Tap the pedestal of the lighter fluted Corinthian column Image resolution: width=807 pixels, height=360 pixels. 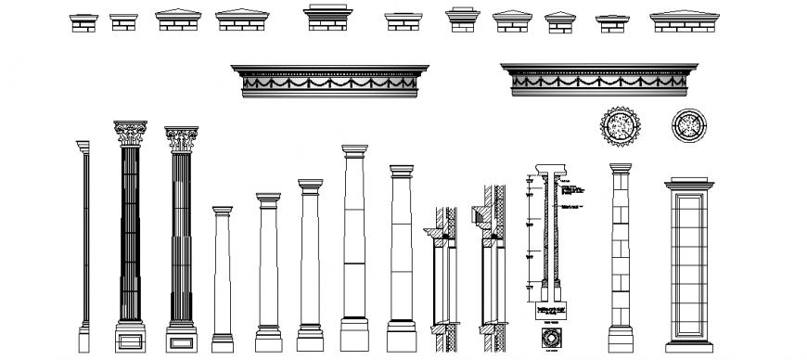pyautogui.click(x=181, y=338)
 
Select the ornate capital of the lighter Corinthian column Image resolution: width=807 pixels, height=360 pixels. pyautogui.click(x=182, y=139)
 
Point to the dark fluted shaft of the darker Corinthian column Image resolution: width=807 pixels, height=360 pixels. pyautogui.click(x=130, y=232)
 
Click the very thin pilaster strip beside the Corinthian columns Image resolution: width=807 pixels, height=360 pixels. pyautogui.click(x=83, y=241)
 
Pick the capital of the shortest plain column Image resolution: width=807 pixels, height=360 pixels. pyautogui.click(x=222, y=211)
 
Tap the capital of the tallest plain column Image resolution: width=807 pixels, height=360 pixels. pyautogui.click(x=355, y=150)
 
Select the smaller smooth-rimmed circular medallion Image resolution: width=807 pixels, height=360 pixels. pyautogui.click(x=688, y=124)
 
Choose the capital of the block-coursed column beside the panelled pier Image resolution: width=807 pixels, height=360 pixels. pyautogui.click(x=620, y=168)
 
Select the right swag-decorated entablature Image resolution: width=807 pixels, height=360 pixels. pyautogui.click(x=598, y=81)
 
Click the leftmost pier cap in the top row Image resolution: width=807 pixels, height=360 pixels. pyautogui.click(x=82, y=21)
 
